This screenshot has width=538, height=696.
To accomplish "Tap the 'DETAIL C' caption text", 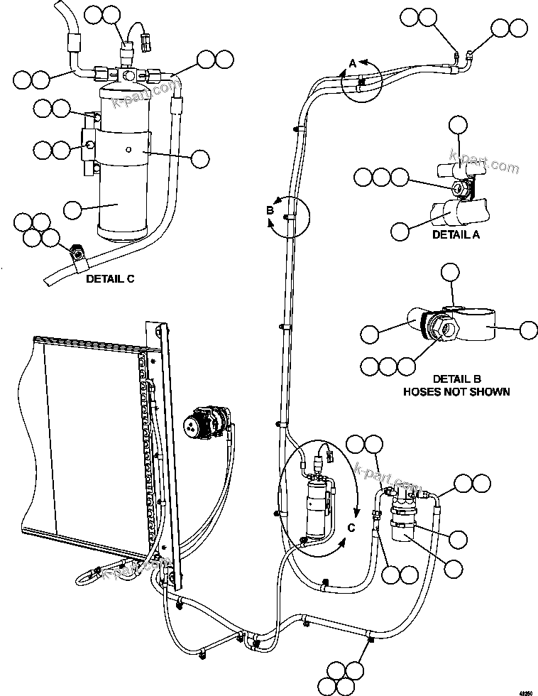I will coord(110,279).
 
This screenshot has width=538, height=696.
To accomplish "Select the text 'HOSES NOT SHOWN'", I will coord(456,391).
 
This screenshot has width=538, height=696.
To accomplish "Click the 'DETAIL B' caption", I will coord(456,379).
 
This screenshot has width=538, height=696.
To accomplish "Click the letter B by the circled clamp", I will coord(270,210).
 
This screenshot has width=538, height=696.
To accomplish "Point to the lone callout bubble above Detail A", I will coord(459,126).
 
